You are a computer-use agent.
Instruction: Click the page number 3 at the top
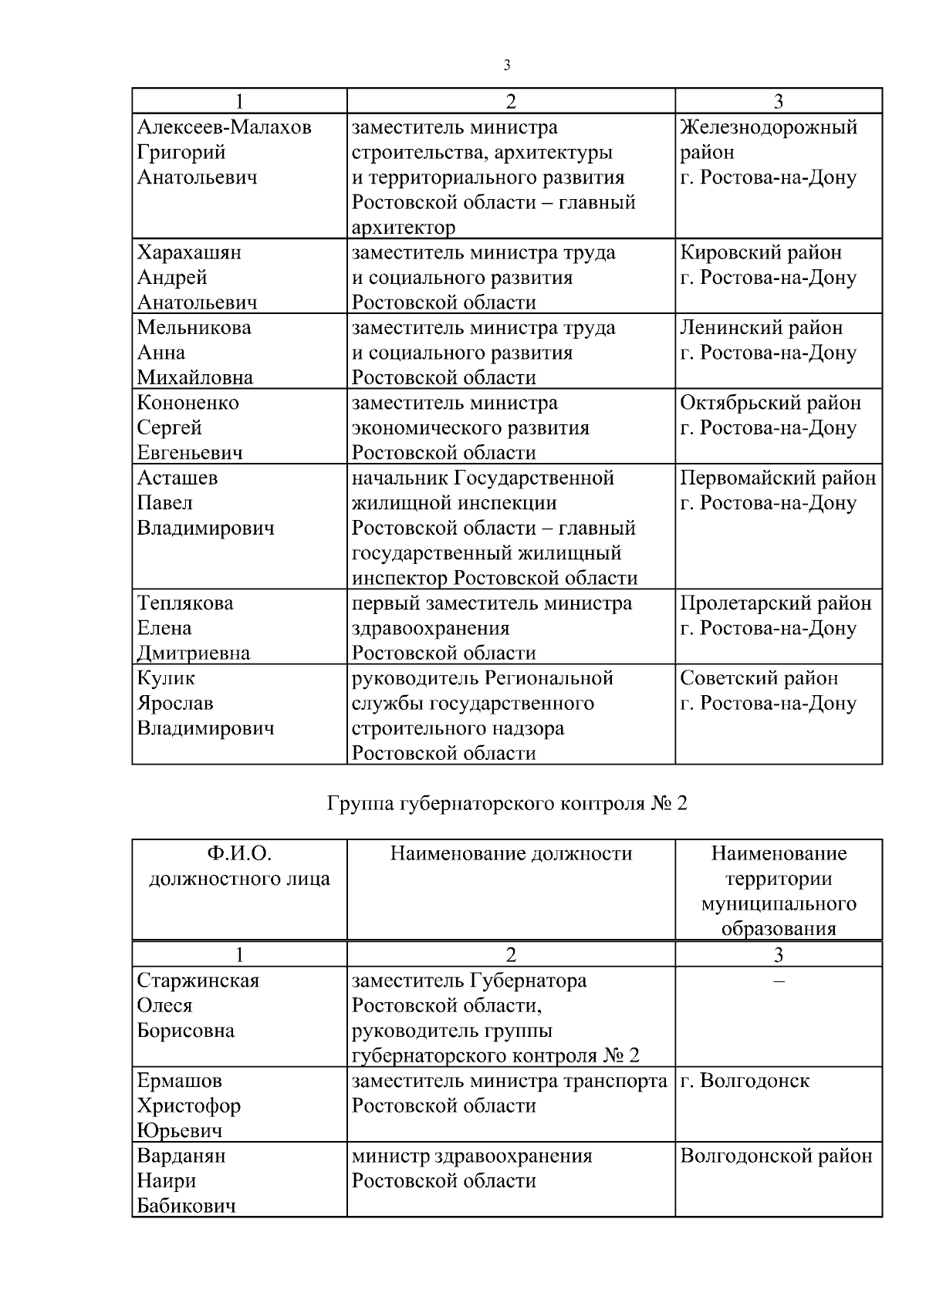click(506, 66)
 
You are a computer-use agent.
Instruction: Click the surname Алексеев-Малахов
click(224, 127)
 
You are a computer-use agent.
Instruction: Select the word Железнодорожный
click(768, 127)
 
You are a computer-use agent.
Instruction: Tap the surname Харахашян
click(188, 252)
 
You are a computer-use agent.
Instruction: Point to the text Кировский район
click(760, 252)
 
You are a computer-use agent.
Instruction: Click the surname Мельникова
click(194, 327)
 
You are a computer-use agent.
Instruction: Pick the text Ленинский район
click(761, 327)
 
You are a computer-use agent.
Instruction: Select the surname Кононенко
click(188, 403)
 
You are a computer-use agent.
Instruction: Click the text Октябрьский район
click(770, 403)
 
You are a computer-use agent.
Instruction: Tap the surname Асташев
click(177, 478)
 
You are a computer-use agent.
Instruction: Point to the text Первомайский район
click(777, 478)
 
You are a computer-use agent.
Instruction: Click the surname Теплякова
click(185, 603)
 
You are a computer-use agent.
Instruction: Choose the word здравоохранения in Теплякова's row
click(430, 628)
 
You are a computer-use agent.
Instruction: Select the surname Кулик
click(166, 678)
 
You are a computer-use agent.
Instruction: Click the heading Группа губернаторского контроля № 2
click(506, 804)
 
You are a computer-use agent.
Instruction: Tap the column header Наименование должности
click(511, 853)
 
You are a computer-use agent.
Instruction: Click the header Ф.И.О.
click(239, 853)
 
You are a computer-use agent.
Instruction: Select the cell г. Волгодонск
click(744, 1081)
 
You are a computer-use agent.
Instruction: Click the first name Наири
click(166, 1181)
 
